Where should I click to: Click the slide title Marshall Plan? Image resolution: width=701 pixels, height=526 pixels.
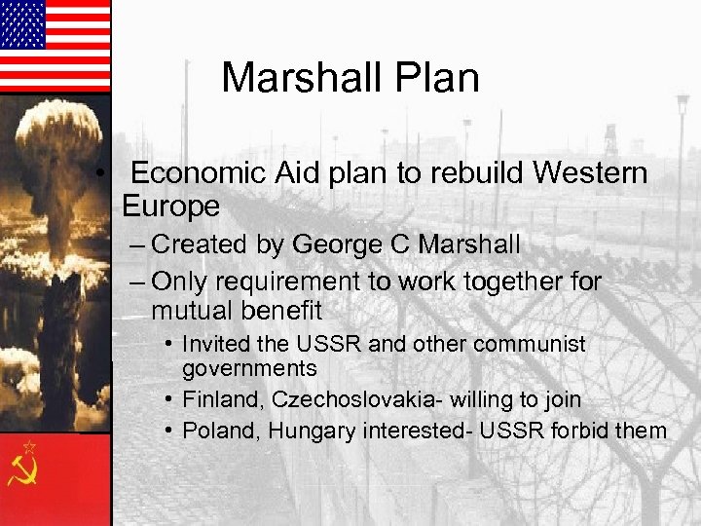pos(350,78)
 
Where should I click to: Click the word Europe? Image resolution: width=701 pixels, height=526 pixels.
pos(170,207)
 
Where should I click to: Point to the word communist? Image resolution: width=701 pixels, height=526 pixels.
pos(528,344)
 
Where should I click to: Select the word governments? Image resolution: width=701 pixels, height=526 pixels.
pos(249,368)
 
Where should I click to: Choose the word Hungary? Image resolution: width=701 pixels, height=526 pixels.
pos(307,431)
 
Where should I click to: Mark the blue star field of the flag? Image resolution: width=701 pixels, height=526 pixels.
pos(22,24)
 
